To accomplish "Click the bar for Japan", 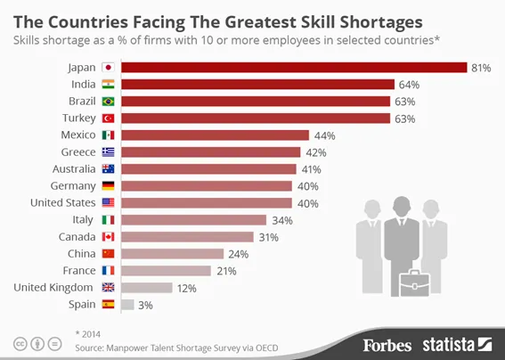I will (x=294, y=67).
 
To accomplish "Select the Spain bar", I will (x=127, y=304).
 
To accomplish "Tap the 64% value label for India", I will (x=409, y=84).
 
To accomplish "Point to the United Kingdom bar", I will (x=146, y=287).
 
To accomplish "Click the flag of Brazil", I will (x=109, y=101).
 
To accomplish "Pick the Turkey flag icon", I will (x=109, y=118).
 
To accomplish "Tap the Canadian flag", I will (x=109, y=236).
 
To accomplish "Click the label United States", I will (x=60, y=202).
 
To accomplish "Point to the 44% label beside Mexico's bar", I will (x=323, y=135).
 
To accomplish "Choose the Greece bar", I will (x=211, y=151).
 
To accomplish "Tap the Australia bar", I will (x=208, y=168).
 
